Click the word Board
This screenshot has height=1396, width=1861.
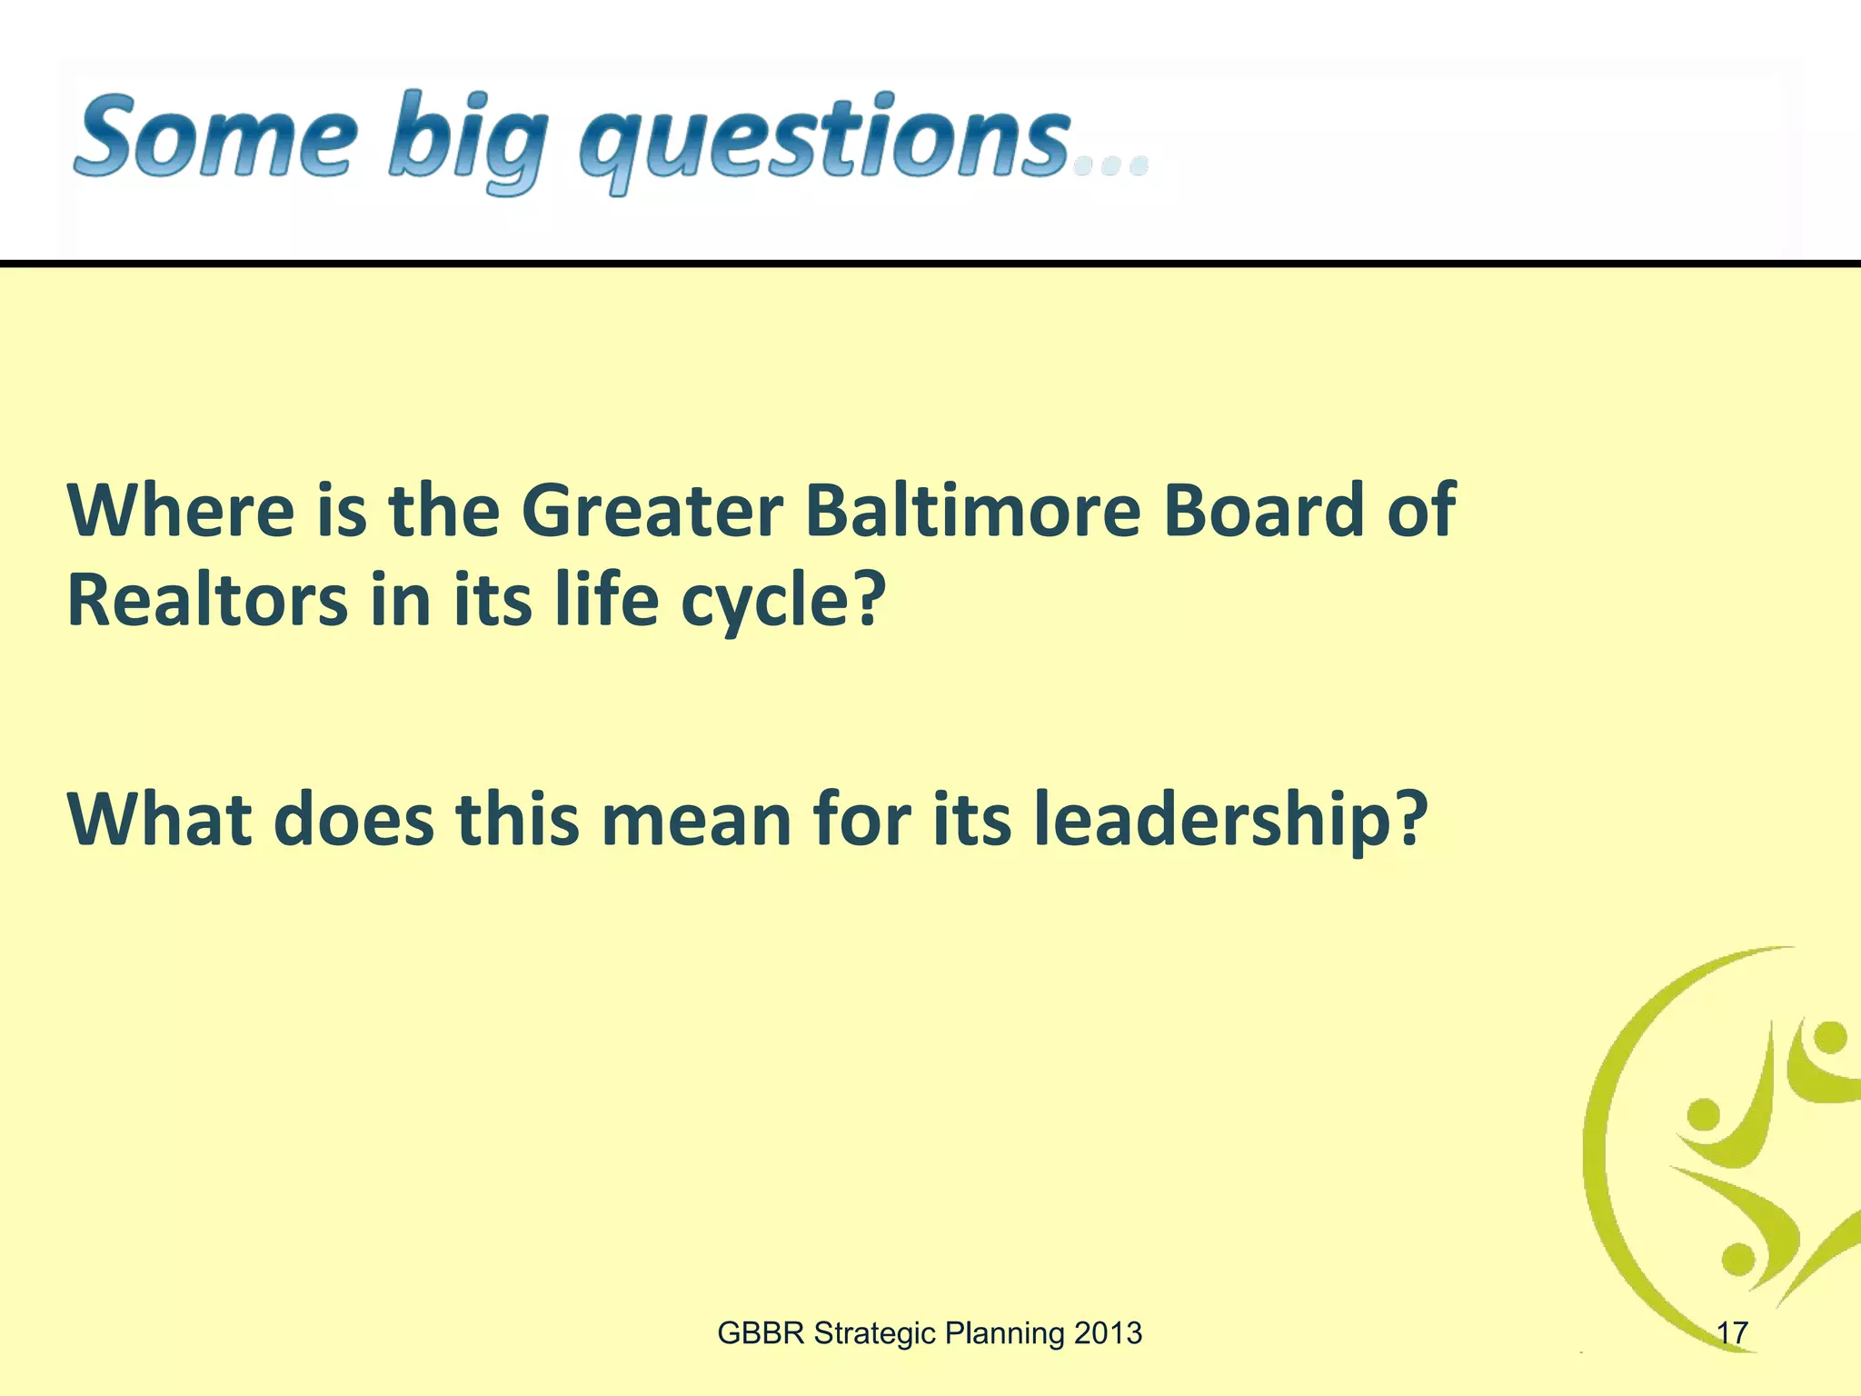[x=1264, y=511]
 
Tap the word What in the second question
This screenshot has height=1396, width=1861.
[x=159, y=819]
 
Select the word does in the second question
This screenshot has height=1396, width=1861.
[x=353, y=819]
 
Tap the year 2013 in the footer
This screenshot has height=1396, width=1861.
[x=1108, y=1333]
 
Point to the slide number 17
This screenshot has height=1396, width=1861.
[x=1732, y=1333]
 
